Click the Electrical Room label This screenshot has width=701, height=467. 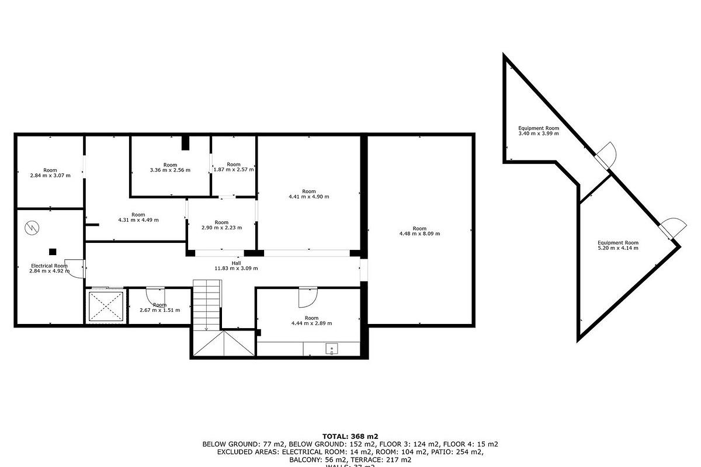pyautogui.click(x=49, y=269)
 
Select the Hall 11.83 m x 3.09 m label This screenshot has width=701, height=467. pyautogui.click(x=236, y=266)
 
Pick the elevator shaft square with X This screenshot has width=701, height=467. pyautogui.click(x=106, y=306)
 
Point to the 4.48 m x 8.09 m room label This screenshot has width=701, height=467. pyautogui.click(x=419, y=231)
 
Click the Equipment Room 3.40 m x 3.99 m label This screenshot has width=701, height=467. pyautogui.click(x=539, y=131)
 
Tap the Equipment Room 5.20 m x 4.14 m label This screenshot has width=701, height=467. pyautogui.click(x=617, y=245)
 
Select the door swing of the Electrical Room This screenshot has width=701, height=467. pyautogui.click(x=72, y=269)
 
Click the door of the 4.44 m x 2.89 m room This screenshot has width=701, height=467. pyautogui.click(x=307, y=297)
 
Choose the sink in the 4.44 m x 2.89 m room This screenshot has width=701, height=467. pyautogui.click(x=332, y=350)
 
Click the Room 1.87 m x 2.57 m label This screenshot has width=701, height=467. pyautogui.click(x=233, y=167)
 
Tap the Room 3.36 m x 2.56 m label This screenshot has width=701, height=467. pyautogui.click(x=170, y=168)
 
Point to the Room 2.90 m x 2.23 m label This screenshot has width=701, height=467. pyautogui.click(x=221, y=225)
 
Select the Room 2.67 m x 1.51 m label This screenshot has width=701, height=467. pyautogui.click(x=159, y=308)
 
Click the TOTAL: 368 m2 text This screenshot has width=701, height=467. pyautogui.click(x=350, y=436)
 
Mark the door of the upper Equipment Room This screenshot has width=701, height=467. pyautogui.click(x=606, y=154)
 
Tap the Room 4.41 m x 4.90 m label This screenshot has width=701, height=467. pyautogui.click(x=308, y=194)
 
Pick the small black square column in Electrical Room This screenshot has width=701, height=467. pyautogui.click(x=53, y=252)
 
